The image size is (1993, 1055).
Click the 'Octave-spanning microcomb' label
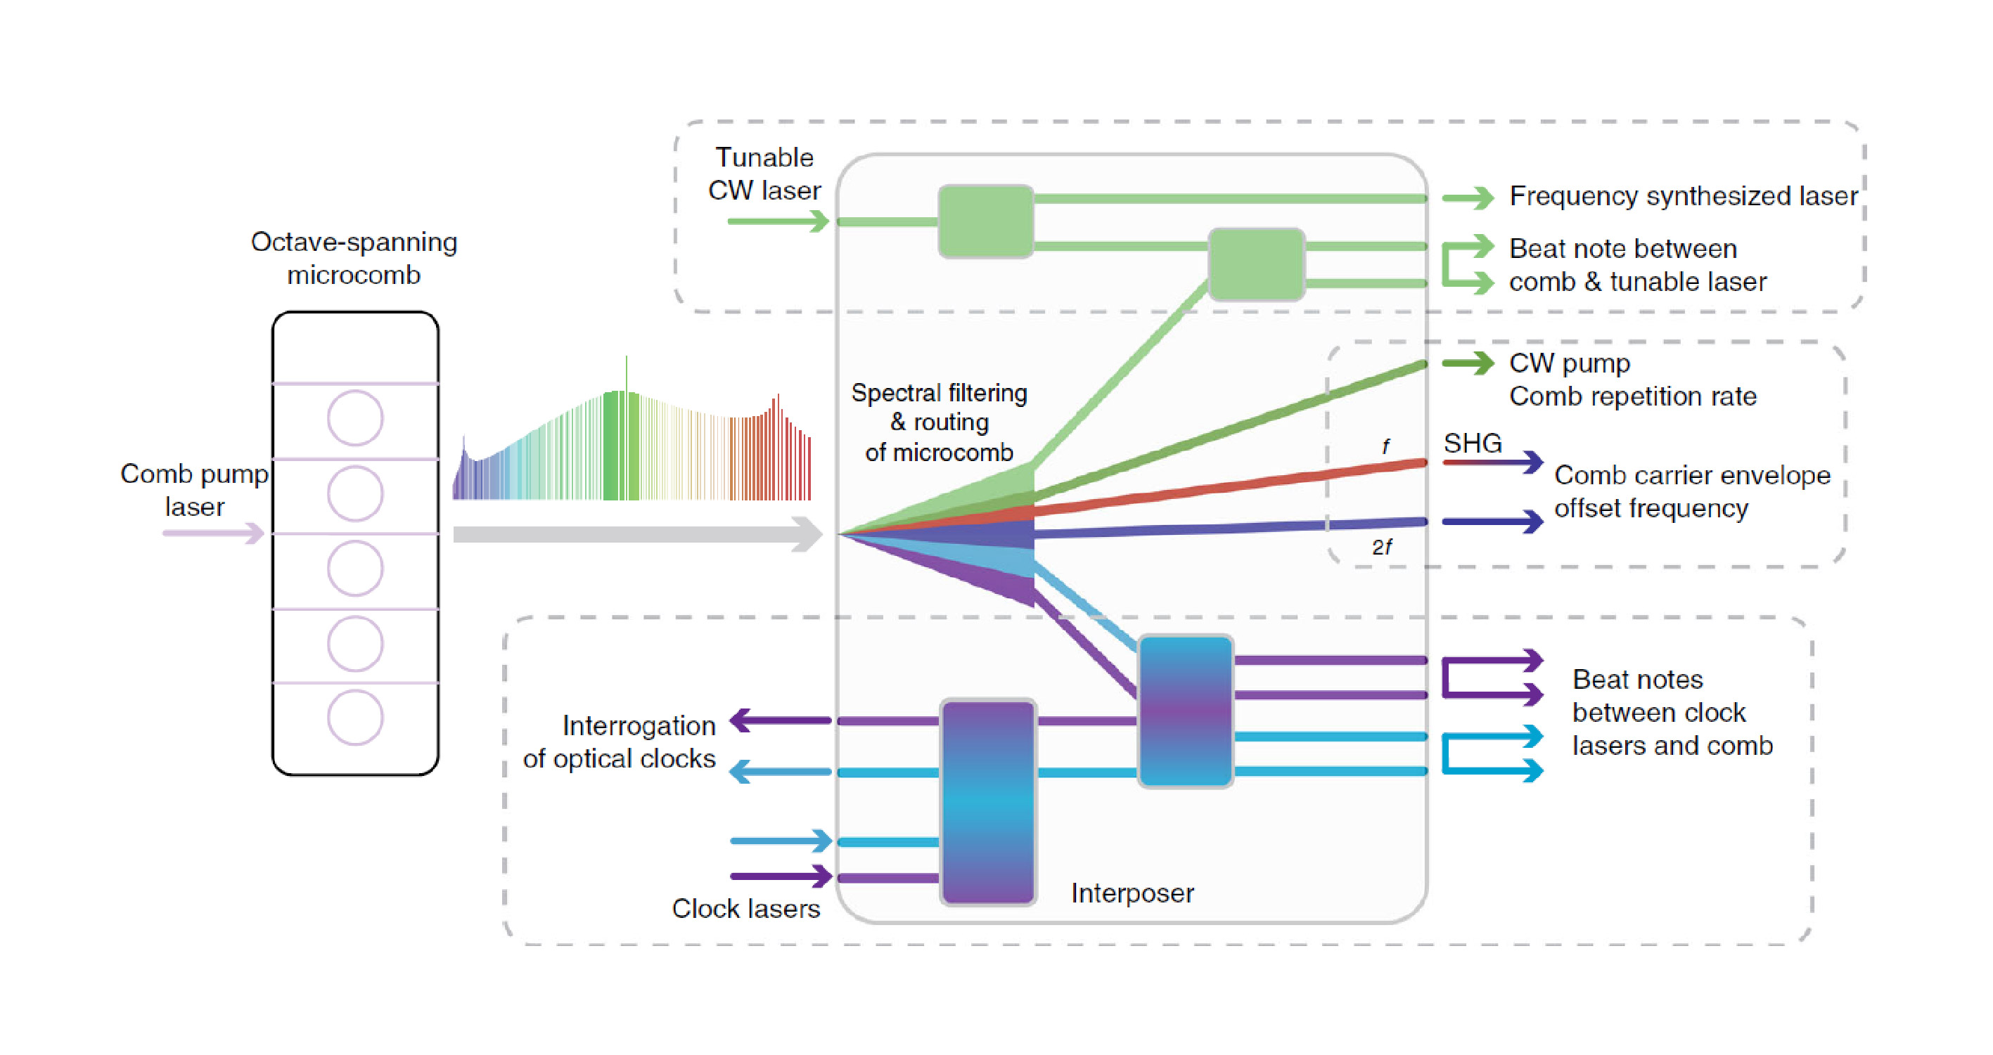[354, 259]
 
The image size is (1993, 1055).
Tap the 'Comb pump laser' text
[194, 490]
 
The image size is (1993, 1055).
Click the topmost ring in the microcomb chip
[355, 418]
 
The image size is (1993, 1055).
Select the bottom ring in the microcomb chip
[355, 718]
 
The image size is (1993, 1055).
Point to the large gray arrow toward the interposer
[638, 534]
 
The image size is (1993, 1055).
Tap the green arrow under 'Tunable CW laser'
[778, 222]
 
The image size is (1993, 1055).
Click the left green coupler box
[986, 221]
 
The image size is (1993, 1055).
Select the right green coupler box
[1256, 264]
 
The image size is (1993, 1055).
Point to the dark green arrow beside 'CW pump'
[1468, 363]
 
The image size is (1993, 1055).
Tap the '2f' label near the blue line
[1382, 548]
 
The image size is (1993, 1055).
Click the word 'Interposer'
[1132, 893]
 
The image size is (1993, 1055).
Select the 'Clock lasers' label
[746, 909]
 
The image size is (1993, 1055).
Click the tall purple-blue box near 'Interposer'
[988, 802]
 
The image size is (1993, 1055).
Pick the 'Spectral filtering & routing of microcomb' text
[940, 422]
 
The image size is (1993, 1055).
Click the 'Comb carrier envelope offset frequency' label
[1692, 492]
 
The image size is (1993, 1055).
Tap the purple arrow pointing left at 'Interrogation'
[780, 721]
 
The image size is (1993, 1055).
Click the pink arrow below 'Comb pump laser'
[214, 533]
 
